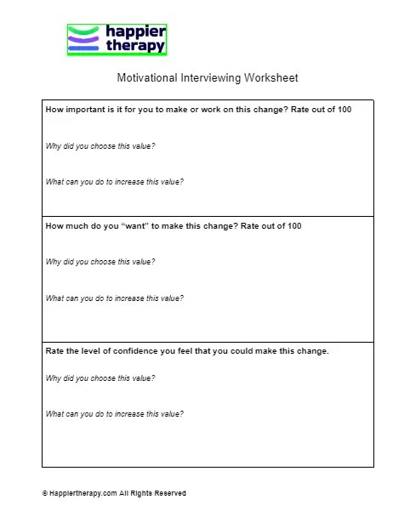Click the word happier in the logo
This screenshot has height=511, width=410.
click(135, 32)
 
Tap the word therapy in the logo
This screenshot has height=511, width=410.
click(135, 47)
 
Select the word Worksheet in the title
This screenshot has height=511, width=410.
click(270, 78)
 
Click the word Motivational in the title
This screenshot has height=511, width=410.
click(146, 78)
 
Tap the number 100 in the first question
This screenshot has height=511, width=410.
click(344, 110)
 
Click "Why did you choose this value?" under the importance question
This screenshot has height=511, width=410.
click(100, 146)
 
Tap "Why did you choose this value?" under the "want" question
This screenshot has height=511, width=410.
click(100, 262)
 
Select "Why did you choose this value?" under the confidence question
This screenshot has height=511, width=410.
click(100, 378)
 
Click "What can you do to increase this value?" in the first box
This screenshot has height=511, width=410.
click(114, 182)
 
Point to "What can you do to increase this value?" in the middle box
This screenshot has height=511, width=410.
click(114, 298)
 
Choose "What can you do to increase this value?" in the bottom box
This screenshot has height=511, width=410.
click(114, 414)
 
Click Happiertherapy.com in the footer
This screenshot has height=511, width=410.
click(83, 493)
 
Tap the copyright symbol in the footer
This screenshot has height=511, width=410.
click(44, 493)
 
